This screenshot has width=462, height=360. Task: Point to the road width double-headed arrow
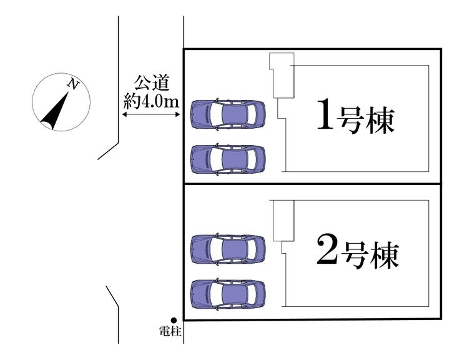tap(151, 114)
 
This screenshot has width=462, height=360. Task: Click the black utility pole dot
tap(174, 320)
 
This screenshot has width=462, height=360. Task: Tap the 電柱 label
tap(170, 331)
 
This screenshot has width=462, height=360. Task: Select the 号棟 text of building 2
tap(368, 254)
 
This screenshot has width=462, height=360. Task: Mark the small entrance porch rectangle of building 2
tap(283, 220)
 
